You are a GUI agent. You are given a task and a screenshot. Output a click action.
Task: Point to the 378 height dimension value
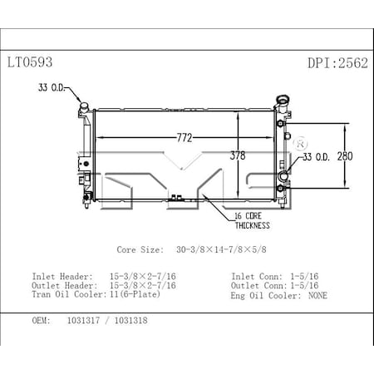click(x=239, y=155)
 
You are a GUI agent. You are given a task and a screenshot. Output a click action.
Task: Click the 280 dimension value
click(x=355, y=155)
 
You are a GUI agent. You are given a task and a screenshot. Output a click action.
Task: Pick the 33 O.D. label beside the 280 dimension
click(x=317, y=155)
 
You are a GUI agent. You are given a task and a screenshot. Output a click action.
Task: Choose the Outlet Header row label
click(x=60, y=285)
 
